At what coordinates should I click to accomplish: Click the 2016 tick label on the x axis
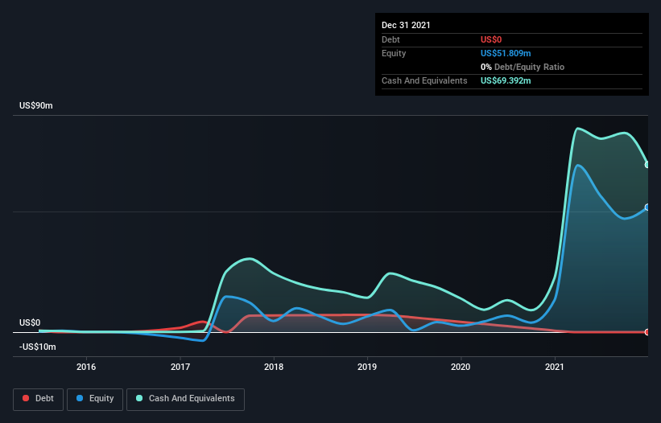point(86,367)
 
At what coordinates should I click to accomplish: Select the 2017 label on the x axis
point(180,367)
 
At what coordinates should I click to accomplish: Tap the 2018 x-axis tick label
point(274,367)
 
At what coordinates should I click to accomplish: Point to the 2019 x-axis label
point(368,367)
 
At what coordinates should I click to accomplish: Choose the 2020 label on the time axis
point(461,367)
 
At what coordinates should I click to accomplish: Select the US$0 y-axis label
point(30,322)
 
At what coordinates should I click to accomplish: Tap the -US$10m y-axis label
point(37,347)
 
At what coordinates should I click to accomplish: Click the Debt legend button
point(39,398)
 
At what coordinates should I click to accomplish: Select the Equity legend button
point(96,398)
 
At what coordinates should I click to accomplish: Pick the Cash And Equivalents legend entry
point(184,398)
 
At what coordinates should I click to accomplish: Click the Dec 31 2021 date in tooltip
point(406,25)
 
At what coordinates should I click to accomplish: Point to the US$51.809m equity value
point(506,53)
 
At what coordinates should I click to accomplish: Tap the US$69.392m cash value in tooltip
point(506,80)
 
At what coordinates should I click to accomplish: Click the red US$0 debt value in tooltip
point(492,39)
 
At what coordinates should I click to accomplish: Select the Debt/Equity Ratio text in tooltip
point(527,67)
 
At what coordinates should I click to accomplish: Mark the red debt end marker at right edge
point(647,332)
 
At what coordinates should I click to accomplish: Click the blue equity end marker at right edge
point(647,207)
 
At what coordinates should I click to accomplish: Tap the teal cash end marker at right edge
point(647,165)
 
